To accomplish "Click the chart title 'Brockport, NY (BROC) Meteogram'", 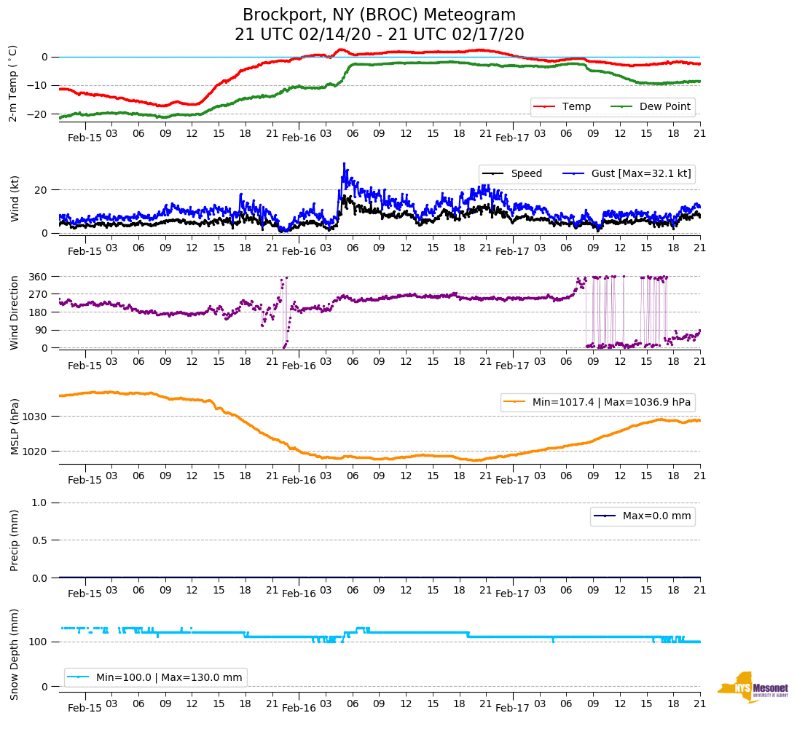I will [x=379, y=15].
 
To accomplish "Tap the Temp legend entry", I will [x=562, y=107].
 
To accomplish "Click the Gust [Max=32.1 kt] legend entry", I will [x=627, y=174].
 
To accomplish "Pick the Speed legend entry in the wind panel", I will [x=513, y=174].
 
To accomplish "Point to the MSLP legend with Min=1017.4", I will [x=597, y=402].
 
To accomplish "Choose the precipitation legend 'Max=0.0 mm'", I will [x=643, y=516].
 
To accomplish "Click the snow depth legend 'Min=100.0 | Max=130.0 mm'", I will [x=156, y=677].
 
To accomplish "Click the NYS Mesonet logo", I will [x=753, y=687].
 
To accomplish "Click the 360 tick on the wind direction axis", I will [x=39, y=277].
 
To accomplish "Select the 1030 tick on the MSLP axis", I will [x=36, y=417].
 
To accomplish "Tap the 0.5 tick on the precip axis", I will [x=41, y=540].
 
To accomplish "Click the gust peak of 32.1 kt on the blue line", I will [x=344, y=164].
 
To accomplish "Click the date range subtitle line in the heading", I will [x=379, y=35].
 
